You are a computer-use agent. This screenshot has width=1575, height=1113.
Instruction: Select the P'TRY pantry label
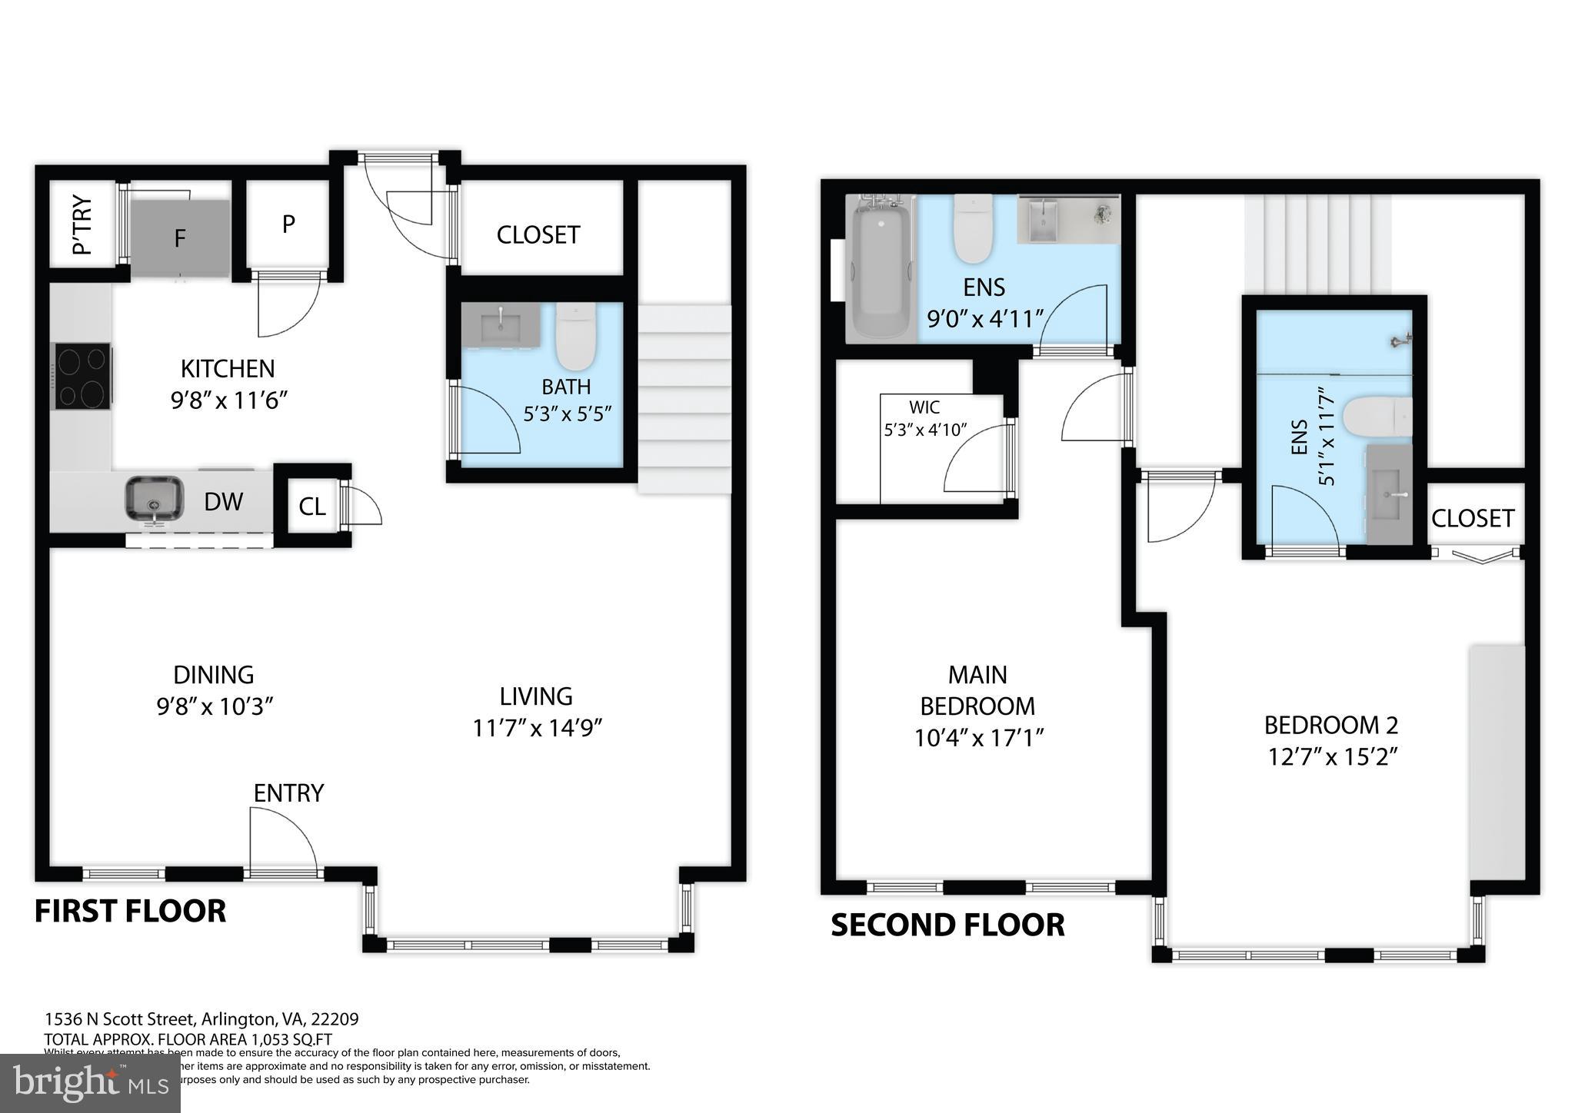click(82, 224)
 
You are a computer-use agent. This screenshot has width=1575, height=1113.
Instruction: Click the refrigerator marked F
click(180, 238)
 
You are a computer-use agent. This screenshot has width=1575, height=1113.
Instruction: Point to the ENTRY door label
click(288, 793)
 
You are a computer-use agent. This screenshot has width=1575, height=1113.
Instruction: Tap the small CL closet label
click(311, 507)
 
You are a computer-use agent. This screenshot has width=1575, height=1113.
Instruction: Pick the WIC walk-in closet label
click(924, 407)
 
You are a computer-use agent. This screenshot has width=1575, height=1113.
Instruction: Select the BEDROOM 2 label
click(1330, 725)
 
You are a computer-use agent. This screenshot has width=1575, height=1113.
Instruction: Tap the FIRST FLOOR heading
click(130, 912)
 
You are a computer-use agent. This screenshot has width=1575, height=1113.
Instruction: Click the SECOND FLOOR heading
click(947, 925)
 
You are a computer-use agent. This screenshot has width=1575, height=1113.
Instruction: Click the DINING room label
click(213, 675)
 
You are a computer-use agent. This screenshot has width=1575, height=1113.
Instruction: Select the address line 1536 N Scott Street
click(201, 1019)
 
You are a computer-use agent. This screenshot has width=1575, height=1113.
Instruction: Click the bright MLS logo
click(90, 1083)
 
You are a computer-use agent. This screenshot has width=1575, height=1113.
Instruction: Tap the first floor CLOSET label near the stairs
click(538, 234)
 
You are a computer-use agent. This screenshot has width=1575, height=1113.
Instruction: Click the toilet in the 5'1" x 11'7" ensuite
click(1377, 416)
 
